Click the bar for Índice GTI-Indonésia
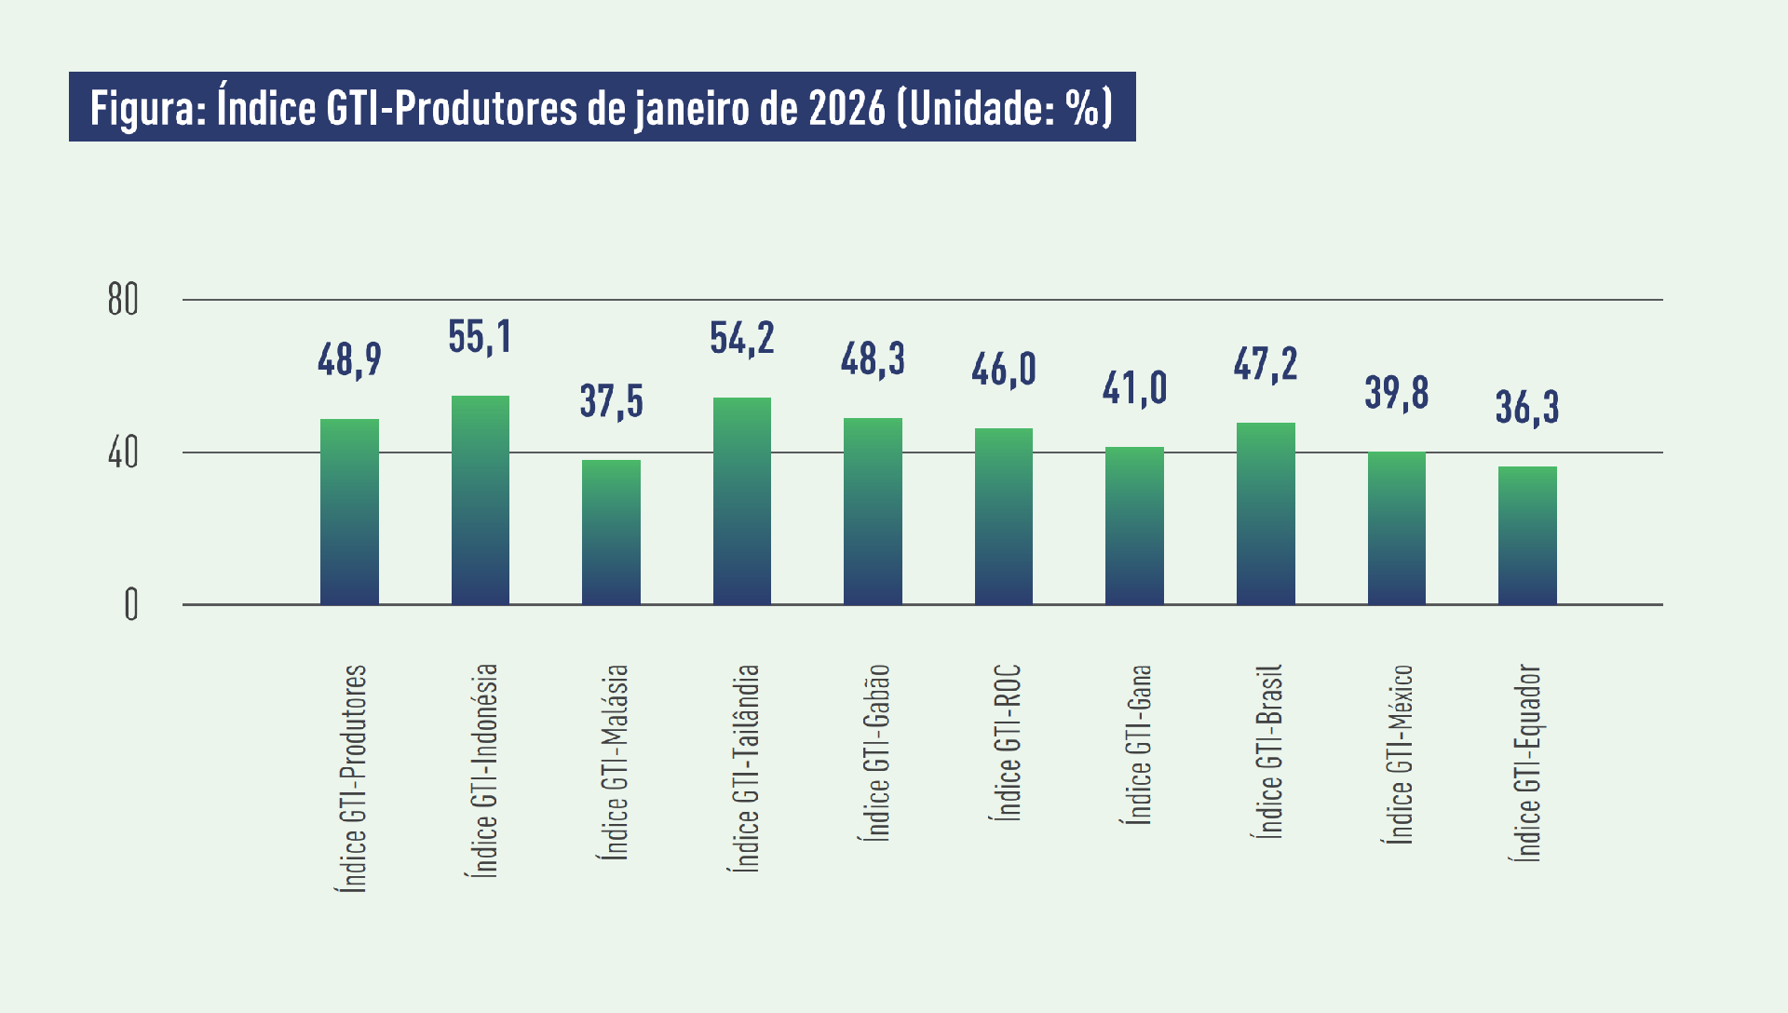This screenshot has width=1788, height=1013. coord(481,501)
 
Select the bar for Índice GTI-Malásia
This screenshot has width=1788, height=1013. coord(611,533)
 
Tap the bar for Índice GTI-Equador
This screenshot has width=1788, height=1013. coord(1527,535)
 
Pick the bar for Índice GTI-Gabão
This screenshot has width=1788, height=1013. coord(873,511)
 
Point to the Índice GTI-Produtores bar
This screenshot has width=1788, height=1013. coord(349,511)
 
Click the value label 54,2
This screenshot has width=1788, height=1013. coord(741,338)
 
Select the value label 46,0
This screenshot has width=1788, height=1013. coord(1003,370)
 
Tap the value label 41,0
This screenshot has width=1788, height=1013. coord(1134,388)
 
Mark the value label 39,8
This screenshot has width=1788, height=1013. coord(1396,393)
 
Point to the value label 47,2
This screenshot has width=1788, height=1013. coord(1265,364)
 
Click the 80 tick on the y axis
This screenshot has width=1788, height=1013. coord(122,300)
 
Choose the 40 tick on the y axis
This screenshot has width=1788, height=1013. coord(122,453)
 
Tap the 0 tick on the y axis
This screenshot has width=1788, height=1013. coord(130,605)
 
